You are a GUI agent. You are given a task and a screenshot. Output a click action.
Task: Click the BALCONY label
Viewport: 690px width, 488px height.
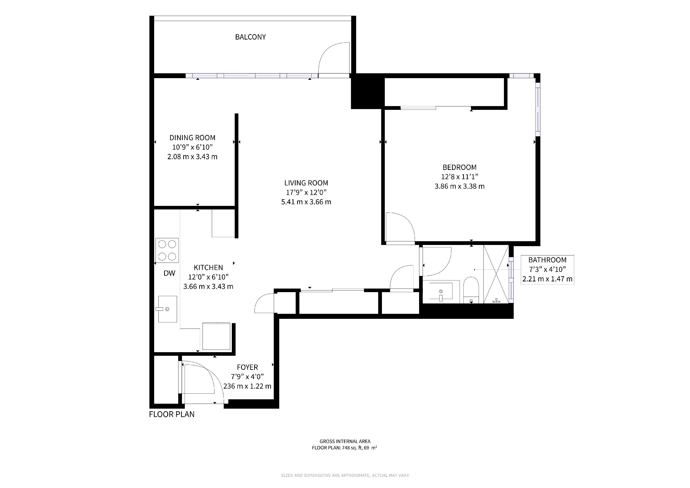[x=250, y=37]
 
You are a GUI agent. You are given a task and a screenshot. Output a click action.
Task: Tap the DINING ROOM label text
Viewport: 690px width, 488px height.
[x=192, y=138]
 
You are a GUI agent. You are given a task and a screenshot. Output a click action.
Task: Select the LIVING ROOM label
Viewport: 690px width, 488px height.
[x=306, y=183]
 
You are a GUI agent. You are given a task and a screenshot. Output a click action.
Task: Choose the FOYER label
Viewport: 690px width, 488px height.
[x=247, y=367]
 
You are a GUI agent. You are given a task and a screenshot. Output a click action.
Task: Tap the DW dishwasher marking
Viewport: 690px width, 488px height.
[x=169, y=273]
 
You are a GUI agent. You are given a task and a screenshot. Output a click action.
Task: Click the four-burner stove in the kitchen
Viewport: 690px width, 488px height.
[x=167, y=250]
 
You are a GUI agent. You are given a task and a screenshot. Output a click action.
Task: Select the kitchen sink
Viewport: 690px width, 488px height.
[x=167, y=309]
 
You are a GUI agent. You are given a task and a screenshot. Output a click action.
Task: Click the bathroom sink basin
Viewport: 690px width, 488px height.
[x=441, y=291]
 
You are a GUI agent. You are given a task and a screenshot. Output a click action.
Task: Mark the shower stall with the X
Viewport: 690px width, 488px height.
[x=496, y=274]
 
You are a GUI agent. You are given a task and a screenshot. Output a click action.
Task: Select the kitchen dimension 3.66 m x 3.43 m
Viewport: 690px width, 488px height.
[x=208, y=286]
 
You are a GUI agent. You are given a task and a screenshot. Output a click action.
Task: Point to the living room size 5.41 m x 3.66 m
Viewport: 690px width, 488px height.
[x=306, y=202]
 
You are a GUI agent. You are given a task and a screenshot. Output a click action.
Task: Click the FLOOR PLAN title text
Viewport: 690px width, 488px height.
[x=172, y=414]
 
